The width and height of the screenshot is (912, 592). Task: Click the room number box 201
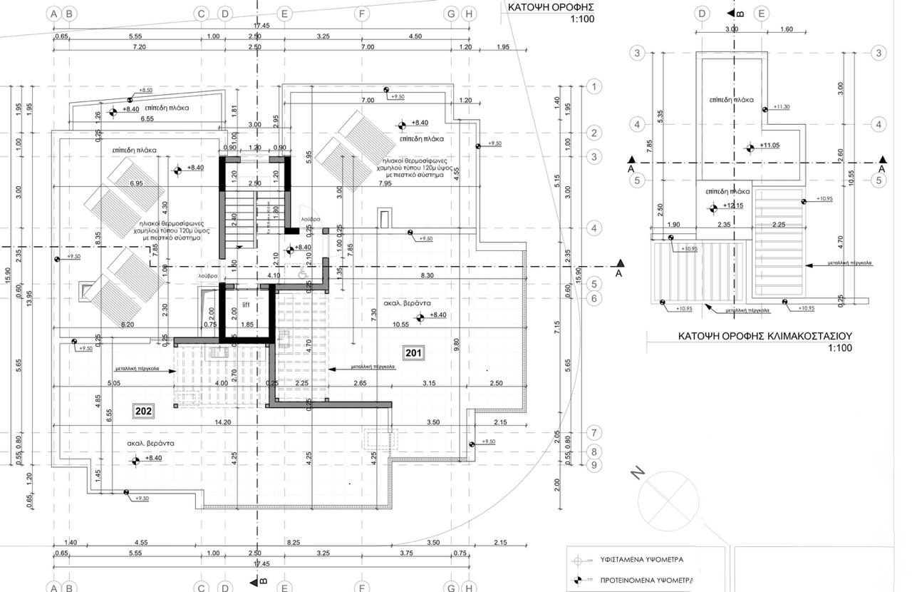414,352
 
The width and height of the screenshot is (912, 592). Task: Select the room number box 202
144,411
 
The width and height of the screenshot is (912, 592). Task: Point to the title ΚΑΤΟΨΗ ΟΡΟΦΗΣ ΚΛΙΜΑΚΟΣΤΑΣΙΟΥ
765,336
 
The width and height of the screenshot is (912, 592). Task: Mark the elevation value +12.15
733,206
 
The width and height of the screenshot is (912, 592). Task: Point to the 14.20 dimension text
223,422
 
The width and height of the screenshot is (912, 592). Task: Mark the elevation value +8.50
145,91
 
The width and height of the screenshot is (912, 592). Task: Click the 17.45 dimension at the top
261,26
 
